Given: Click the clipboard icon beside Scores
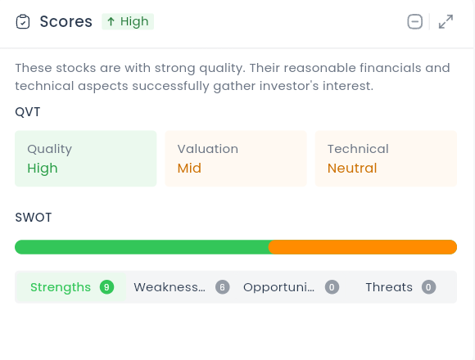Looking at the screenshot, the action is [23, 21].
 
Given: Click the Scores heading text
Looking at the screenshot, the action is [66, 21].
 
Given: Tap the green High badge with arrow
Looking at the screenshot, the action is [128, 21].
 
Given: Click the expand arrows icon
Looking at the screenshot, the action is [446, 21].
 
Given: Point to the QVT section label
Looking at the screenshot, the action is [28, 112].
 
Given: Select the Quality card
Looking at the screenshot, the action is [86, 159].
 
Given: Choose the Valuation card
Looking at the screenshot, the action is [236, 159].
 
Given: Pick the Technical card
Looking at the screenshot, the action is [386, 159].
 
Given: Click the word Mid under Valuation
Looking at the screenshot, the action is [189, 169].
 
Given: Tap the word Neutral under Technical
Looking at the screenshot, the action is [352, 169].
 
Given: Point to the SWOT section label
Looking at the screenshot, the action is [34, 217].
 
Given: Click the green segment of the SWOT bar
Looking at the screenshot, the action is [142, 247].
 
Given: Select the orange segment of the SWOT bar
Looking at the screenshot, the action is [363, 247].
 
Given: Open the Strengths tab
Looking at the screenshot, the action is [71, 287].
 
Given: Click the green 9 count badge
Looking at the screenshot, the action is [106, 287].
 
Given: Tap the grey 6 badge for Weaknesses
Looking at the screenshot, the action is [223, 287].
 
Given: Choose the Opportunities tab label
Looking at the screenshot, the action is [278, 287].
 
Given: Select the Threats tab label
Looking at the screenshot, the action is [389, 287].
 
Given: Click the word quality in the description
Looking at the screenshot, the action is [222, 69].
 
